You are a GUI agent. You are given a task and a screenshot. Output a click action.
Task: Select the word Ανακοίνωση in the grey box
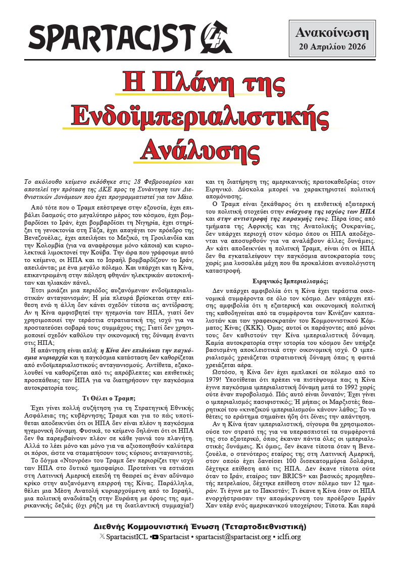[332, 33]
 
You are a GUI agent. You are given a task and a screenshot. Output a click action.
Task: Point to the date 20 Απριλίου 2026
[332, 48]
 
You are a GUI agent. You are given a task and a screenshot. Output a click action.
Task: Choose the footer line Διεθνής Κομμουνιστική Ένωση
[200, 527]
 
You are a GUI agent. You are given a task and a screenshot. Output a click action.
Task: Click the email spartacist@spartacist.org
[233, 537]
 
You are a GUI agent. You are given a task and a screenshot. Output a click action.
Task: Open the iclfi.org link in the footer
[289, 537]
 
